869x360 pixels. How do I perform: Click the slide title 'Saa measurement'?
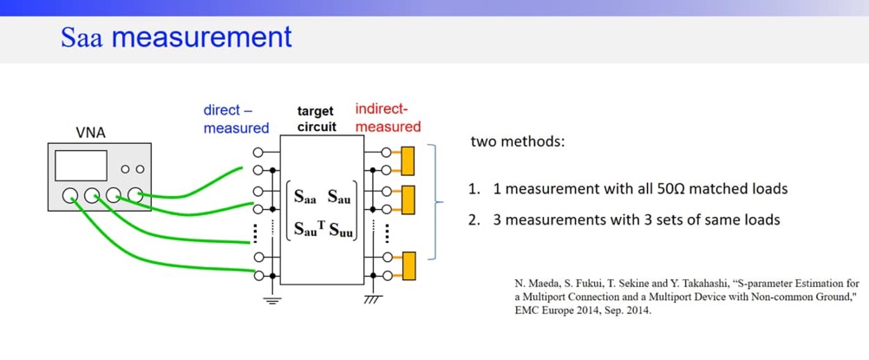[176, 37]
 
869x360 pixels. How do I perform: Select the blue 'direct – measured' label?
[236, 120]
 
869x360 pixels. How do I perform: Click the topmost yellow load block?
[407, 160]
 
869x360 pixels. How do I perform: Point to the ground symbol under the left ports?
[273, 299]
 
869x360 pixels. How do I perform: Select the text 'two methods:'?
[517, 141]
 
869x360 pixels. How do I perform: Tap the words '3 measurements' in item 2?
[544, 219]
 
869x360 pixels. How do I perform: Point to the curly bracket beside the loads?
[439, 205]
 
